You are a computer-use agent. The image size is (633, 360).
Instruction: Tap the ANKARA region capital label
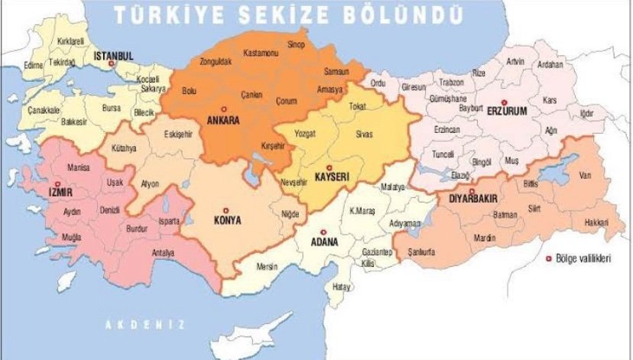tap(223, 121)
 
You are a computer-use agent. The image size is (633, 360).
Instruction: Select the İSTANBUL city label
tap(113, 56)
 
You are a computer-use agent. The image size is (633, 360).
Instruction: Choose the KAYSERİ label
tap(332, 177)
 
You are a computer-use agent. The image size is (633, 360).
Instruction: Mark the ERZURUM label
tap(506, 112)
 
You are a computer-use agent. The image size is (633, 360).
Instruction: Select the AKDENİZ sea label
tap(144, 324)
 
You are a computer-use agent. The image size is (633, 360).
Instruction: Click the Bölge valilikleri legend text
tap(585, 260)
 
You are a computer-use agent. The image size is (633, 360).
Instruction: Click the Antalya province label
tap(162, 253)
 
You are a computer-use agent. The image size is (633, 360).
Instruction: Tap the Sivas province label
tap(364, 134)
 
